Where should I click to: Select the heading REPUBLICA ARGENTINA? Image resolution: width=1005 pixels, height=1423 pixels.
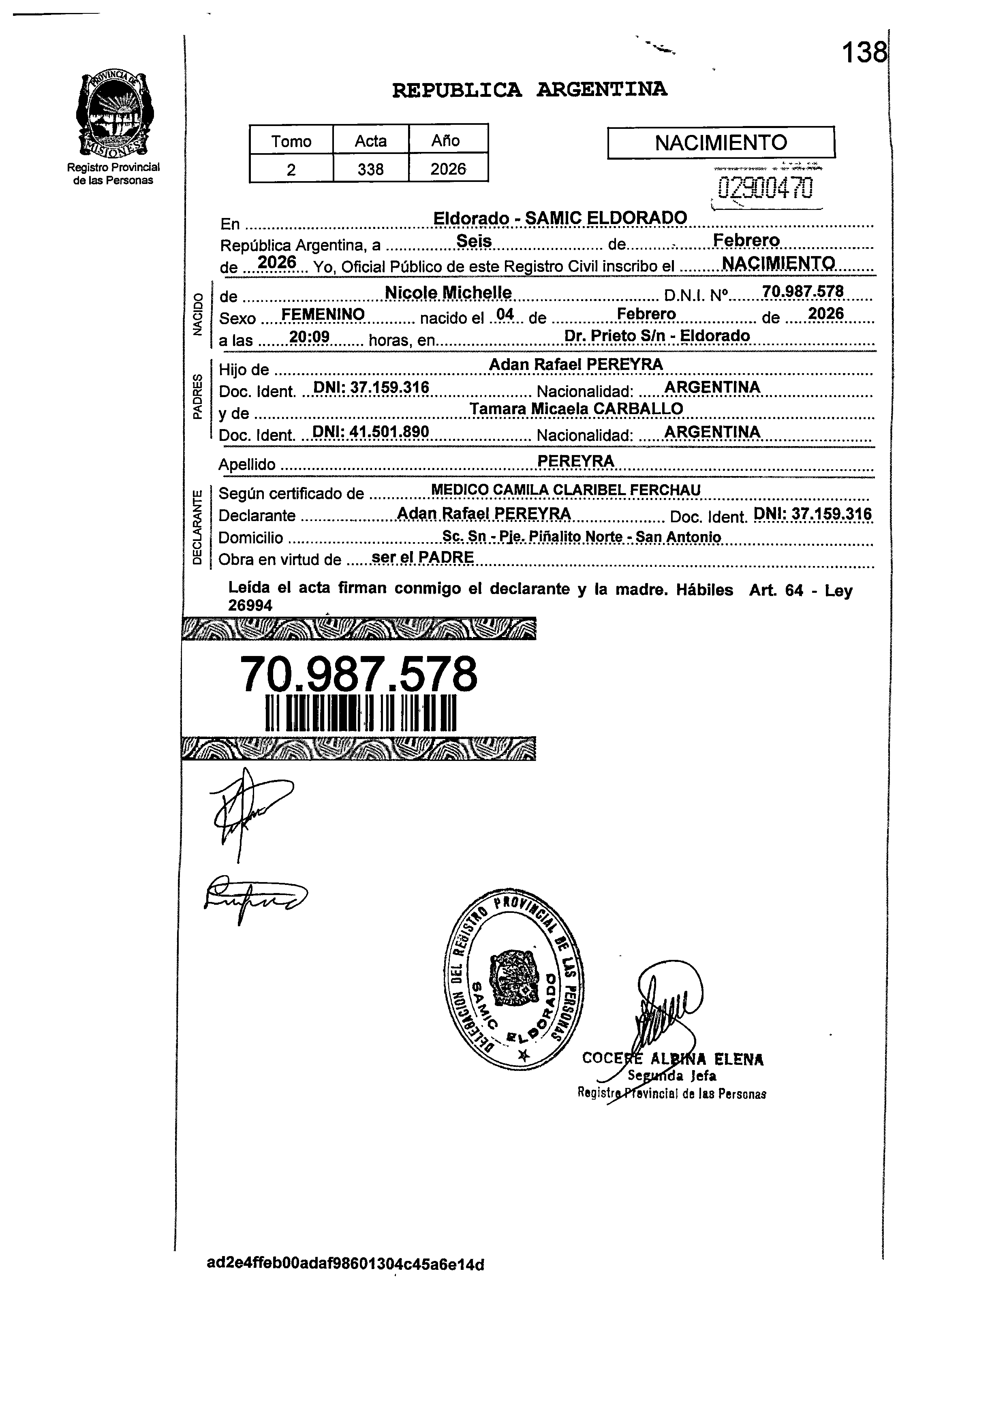point(530,90)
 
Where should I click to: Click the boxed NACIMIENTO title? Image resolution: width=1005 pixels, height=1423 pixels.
point(721,143)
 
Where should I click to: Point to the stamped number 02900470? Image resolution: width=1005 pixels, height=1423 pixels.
point(764,188)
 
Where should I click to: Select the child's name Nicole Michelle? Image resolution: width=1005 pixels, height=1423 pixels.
point(448,293)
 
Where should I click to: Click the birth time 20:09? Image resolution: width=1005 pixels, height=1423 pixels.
point(309,337)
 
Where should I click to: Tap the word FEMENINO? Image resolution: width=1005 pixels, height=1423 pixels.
point(323,315)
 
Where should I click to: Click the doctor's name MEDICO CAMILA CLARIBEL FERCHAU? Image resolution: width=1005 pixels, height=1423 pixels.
point(565,489)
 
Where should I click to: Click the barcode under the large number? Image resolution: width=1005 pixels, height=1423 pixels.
point(360,714)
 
